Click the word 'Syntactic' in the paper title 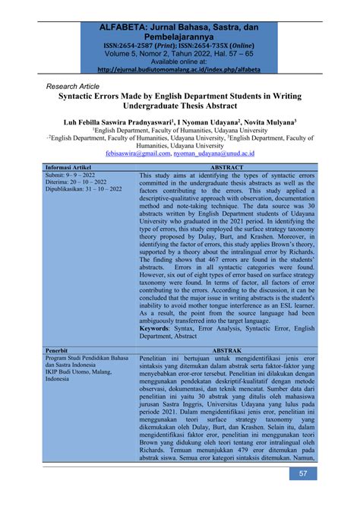[x=90, y=98]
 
